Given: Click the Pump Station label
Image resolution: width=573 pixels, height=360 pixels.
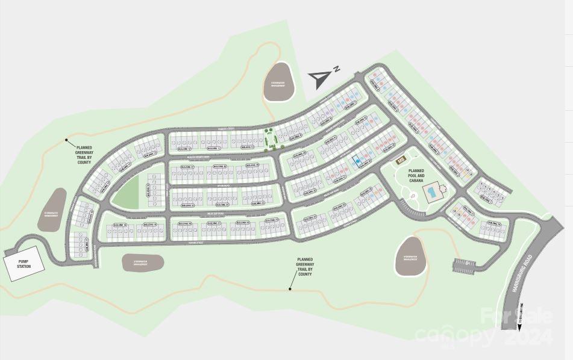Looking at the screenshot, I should [23, 263].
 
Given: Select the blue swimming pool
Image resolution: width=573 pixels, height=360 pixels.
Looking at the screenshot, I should [431, 193].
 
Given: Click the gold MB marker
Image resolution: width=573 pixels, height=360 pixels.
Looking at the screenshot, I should [401, 160].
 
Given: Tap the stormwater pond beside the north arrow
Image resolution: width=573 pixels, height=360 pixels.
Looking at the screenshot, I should [278, 81].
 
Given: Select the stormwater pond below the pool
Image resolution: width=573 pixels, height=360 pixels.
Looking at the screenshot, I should [412, 256].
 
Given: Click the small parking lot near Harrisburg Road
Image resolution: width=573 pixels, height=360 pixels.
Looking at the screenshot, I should [463, 262].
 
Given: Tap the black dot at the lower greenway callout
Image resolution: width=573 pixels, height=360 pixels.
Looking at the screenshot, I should [290, 289].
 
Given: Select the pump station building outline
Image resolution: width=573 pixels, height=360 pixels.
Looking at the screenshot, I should [24, 264].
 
